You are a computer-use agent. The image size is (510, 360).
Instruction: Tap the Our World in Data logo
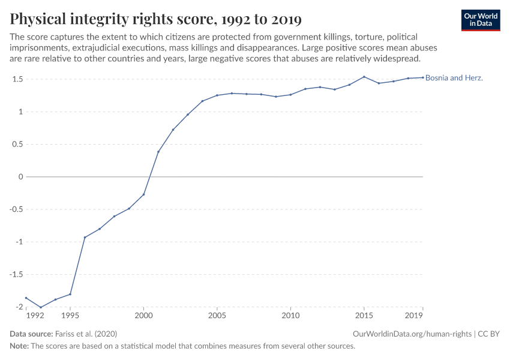tap(480, 20)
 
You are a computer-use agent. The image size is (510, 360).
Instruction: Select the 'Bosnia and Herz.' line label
tap(454, 78)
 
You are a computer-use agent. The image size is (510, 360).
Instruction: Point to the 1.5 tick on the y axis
tap(16, 79)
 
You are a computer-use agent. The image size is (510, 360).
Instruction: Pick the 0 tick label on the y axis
tap(20, 177)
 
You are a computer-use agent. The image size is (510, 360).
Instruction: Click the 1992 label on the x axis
tap(35, 315)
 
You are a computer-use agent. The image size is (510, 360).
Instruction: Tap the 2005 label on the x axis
tap(217, 315)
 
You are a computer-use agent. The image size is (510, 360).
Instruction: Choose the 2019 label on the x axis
tap(415, 315)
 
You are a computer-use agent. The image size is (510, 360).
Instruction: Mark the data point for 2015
tap(364, 77)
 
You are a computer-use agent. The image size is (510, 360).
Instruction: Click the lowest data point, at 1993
tap(41, 307)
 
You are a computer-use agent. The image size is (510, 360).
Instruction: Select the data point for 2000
tap(144, 194)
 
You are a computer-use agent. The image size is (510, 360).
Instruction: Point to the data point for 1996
tap(85, 237)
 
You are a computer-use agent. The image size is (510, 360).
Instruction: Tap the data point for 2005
tap(217, 95)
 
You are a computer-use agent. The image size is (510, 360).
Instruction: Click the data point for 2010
tap(290, 95)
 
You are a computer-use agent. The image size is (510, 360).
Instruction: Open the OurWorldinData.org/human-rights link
tap(412, 334)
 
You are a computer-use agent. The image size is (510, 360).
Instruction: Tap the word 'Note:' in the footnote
tap(21, 346)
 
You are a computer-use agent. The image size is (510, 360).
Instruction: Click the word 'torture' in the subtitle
tap(375, 37)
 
